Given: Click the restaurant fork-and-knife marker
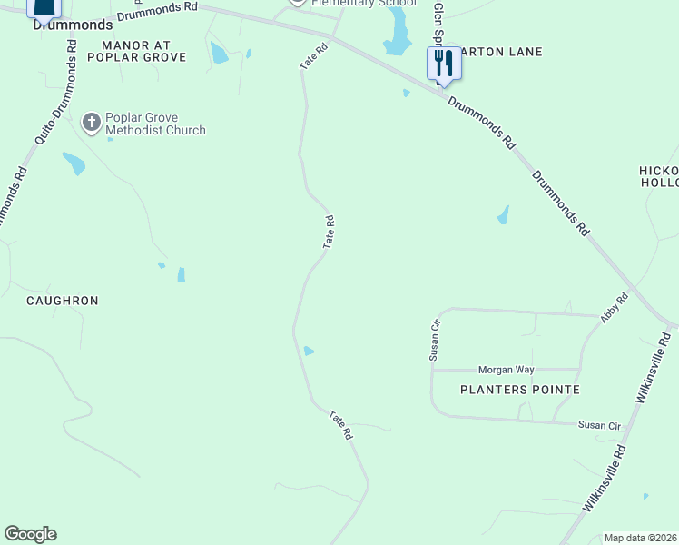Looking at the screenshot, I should [444, 64].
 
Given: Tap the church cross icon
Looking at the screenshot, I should [91, 123].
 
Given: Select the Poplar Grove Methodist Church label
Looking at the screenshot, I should [155, 124].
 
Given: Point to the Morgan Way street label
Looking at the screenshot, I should [507, 370].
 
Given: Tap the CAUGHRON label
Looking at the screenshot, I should [62, 301].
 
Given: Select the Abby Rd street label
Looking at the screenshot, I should [614, 308].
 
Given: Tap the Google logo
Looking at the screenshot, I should [30, 534].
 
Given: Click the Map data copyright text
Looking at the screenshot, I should [639, 538].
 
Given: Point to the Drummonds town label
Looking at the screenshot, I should [73, 25].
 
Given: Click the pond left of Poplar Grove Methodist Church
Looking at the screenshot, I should [74, 163].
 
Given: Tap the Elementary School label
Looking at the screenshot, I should [363, 4].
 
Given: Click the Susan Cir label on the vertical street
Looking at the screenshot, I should [436, 339].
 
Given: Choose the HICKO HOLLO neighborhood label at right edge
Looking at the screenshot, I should [659, 177].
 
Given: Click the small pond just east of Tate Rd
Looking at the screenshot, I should [309, 352].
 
